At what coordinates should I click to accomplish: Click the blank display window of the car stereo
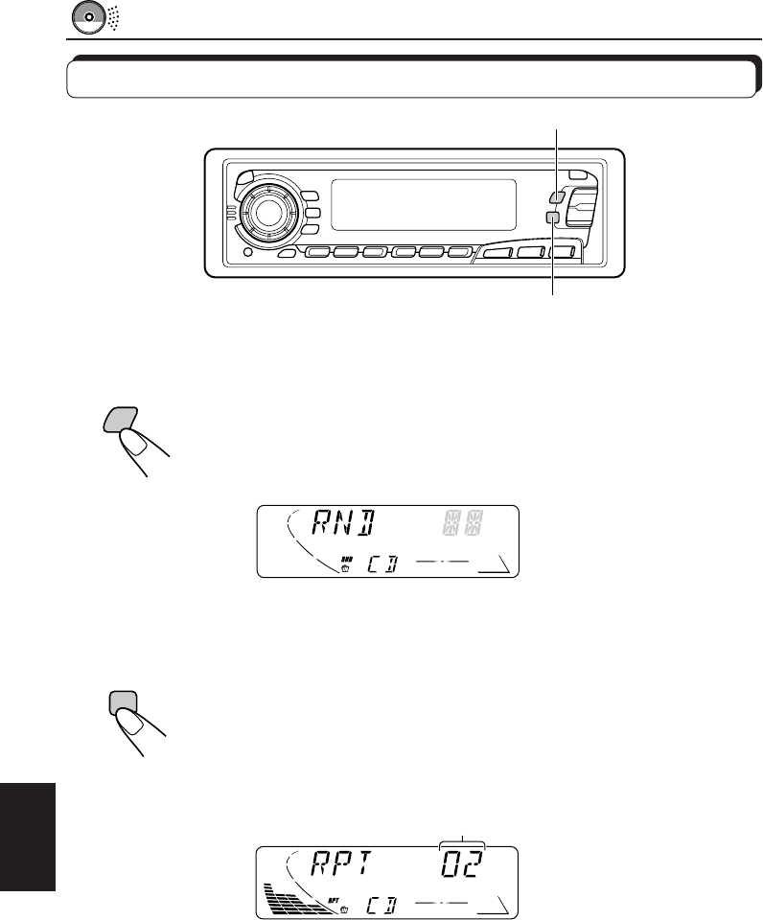[423, 204]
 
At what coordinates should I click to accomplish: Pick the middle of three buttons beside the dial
[312, 214]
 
